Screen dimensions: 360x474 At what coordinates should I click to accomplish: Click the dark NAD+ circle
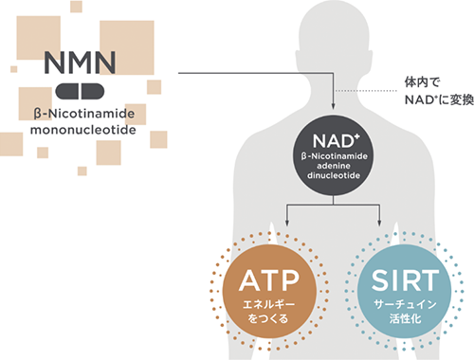pyautogui.click(x=335, y=152)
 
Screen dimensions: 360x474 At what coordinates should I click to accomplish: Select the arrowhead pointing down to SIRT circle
pyautogui.click(x=382, y=225)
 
